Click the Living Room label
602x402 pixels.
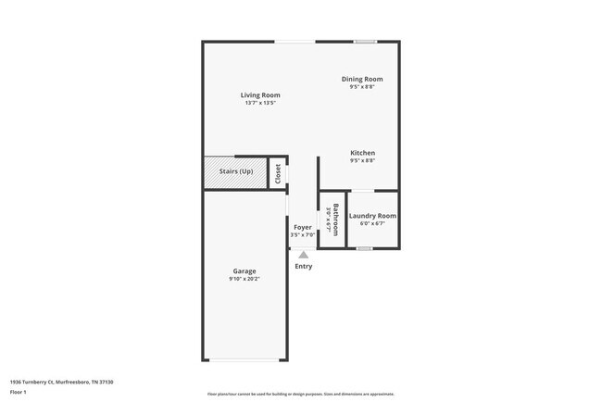(x=260, y=95)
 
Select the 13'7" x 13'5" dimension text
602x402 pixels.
(x=260, y=103)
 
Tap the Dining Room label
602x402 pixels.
(x=362, y=80)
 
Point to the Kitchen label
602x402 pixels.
(x=362, y=153)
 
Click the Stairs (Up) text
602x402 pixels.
(x=235, y=171)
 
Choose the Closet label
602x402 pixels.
(x=278, y=173)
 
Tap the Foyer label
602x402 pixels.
(x=303, y=227)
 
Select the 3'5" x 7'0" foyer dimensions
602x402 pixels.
(x=303, y=235)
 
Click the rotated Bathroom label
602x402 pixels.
(x=335, y=219)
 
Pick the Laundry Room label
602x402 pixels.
(x=372, y=216)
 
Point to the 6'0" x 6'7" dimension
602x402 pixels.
(x=372, y=223)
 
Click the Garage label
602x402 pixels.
(x=245, y=271)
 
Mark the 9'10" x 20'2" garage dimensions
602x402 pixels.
(x=245, y=279)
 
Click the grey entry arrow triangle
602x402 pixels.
(x=303, y=255)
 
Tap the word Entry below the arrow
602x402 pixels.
(x=304, y=267)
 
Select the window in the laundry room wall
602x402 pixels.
(x=365, y=248)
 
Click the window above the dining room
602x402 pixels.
(x=365, y=41)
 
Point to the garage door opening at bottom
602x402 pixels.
(x=245, y=360)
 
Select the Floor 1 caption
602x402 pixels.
(x=19, y=392)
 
